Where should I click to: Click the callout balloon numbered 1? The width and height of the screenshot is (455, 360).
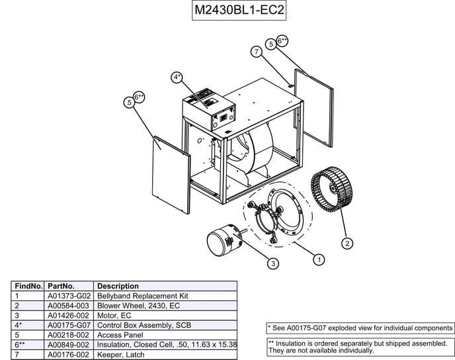point(319,259)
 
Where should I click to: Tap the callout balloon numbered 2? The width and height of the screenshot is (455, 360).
point(348,243)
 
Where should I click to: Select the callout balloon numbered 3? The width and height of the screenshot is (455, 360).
point(272,264)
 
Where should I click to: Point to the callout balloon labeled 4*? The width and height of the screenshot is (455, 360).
point(177,77)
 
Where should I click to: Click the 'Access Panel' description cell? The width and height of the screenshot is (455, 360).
point(120,336)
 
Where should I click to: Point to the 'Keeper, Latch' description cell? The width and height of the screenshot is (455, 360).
point(120,355)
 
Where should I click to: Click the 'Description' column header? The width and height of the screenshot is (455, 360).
point(118,286)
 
